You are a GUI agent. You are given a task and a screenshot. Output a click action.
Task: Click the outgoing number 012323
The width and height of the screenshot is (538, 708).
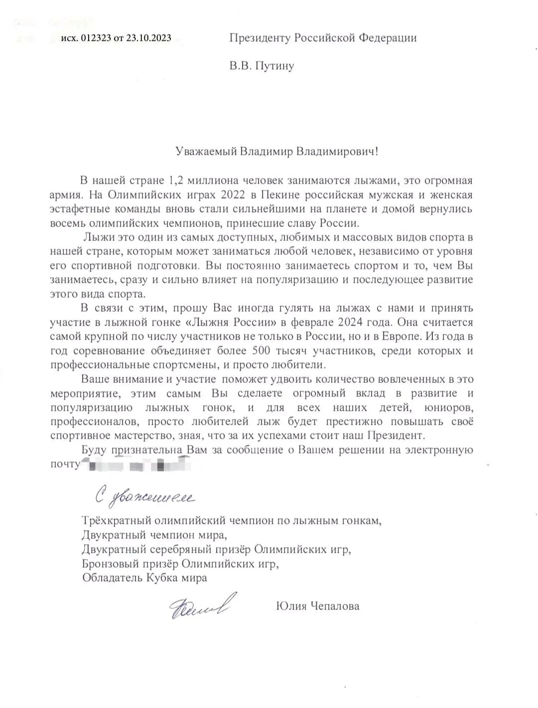95,38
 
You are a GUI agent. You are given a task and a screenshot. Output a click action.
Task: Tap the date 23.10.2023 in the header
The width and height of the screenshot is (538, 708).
148,38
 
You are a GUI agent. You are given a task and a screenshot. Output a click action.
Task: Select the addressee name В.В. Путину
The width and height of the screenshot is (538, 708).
262,66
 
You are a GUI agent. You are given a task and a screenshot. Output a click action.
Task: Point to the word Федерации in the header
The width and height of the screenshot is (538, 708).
388,38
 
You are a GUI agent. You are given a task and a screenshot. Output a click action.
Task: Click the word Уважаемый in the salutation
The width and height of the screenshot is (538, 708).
206,151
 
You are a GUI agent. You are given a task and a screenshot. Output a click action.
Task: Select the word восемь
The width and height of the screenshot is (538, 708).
69,223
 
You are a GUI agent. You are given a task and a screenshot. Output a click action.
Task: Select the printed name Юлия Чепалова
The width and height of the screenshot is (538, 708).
317,606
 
